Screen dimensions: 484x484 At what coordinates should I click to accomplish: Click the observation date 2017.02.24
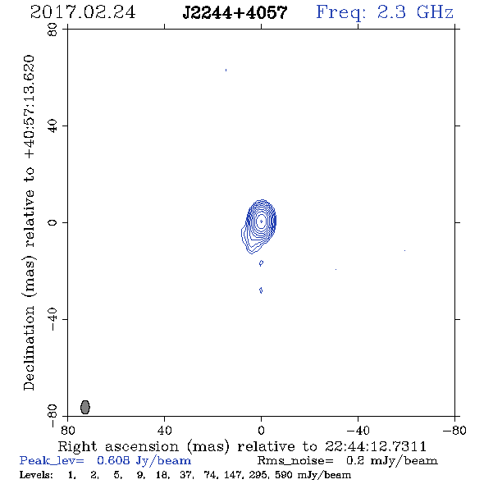(83, 12)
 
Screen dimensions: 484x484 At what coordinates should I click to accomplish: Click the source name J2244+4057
(235, 13)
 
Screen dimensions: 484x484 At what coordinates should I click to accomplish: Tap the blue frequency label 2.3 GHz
(415, 12)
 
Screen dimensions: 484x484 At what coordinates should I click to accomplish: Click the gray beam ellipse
(85, 407)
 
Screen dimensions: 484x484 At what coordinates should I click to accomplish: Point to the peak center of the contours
(262, 221)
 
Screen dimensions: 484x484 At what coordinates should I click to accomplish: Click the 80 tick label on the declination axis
(53, 30)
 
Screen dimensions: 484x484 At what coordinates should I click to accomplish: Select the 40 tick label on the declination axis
(53, 126)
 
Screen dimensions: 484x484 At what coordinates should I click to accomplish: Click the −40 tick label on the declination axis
(53, 319)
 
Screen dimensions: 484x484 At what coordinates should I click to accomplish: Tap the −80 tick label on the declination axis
(53, 416)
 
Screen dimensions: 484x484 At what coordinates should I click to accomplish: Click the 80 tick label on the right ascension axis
(67, 430)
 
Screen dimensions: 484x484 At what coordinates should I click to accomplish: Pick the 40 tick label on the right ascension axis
(164, 430)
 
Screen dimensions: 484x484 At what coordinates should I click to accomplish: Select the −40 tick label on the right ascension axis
(358, 430)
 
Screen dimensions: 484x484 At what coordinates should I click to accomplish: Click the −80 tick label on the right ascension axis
(454, 430)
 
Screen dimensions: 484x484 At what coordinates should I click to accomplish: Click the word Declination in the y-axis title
(29, 348)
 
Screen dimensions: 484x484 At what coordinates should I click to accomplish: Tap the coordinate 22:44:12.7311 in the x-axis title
(376, 446)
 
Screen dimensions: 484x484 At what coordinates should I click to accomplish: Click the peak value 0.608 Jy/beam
(144, 461)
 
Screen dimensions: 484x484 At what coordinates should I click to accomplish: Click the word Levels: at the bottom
(36, 474)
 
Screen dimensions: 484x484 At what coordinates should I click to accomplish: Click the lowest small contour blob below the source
(261, 290)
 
